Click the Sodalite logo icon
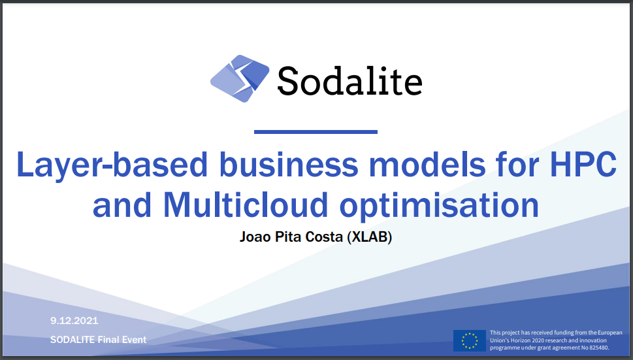tap(240, 79)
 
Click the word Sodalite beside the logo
tap(349, 81)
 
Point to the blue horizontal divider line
tap(316, 132)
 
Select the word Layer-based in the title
tap(112, 165)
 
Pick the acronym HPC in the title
tap(582, 165)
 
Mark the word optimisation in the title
tap(438, 205)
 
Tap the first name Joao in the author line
tap(259, 237)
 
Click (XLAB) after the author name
tap(370, 237)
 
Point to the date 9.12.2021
tap(74, 321)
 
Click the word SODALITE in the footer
tap(73, 340)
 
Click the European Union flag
tap(469, 340)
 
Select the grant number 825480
tap(597, 348)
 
